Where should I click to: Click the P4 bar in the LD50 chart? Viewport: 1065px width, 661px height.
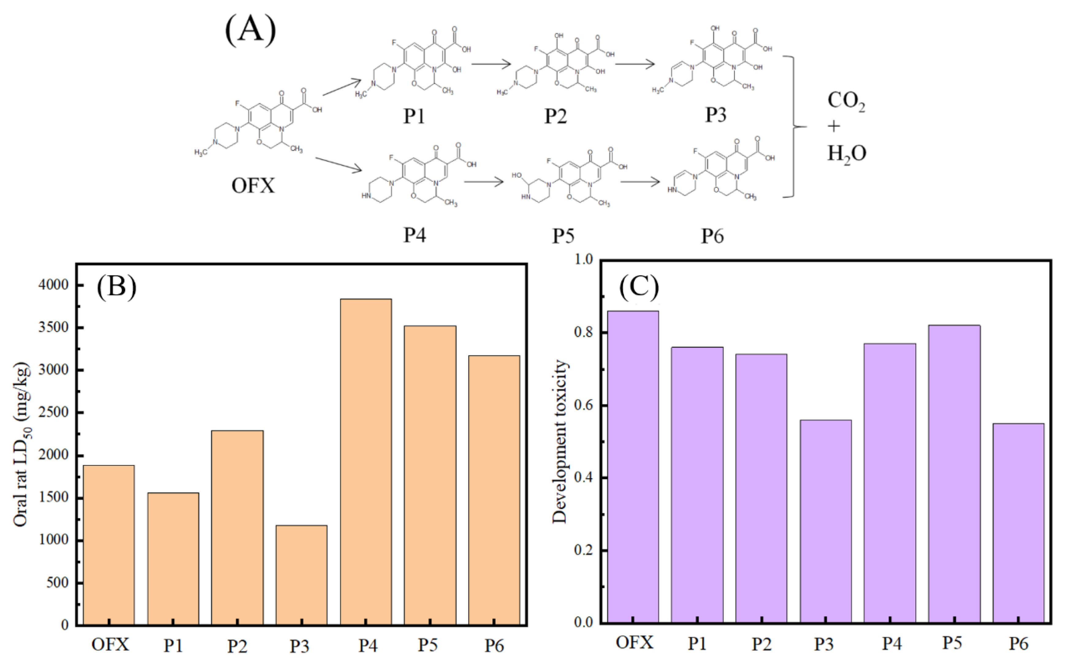[x=366, y=461]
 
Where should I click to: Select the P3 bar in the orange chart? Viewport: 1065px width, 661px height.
[x=301, y=575]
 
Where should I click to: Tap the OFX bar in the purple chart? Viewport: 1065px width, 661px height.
[x=633, y=467]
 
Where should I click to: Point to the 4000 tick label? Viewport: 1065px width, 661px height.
[x=53, y=285]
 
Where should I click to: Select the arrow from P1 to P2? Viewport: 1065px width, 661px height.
[x=491, y=64]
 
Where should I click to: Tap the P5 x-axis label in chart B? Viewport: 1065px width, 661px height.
[x=427, y=645]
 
